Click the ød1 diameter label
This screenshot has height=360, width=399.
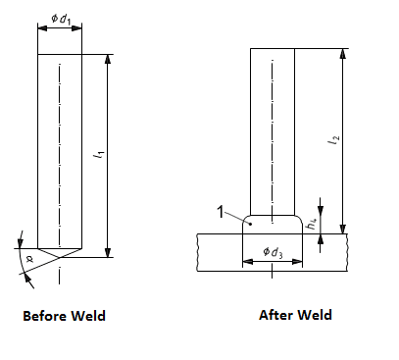[61, 19]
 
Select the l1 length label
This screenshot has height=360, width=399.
[99, 154]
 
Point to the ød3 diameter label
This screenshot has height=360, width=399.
[273, 252]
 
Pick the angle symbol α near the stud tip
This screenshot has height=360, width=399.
[29, 260]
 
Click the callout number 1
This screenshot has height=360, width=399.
[221, 212]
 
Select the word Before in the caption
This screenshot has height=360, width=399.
[45, 316]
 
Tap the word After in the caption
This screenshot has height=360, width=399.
[275, 315]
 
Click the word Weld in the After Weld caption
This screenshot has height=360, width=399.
[315, 315]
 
